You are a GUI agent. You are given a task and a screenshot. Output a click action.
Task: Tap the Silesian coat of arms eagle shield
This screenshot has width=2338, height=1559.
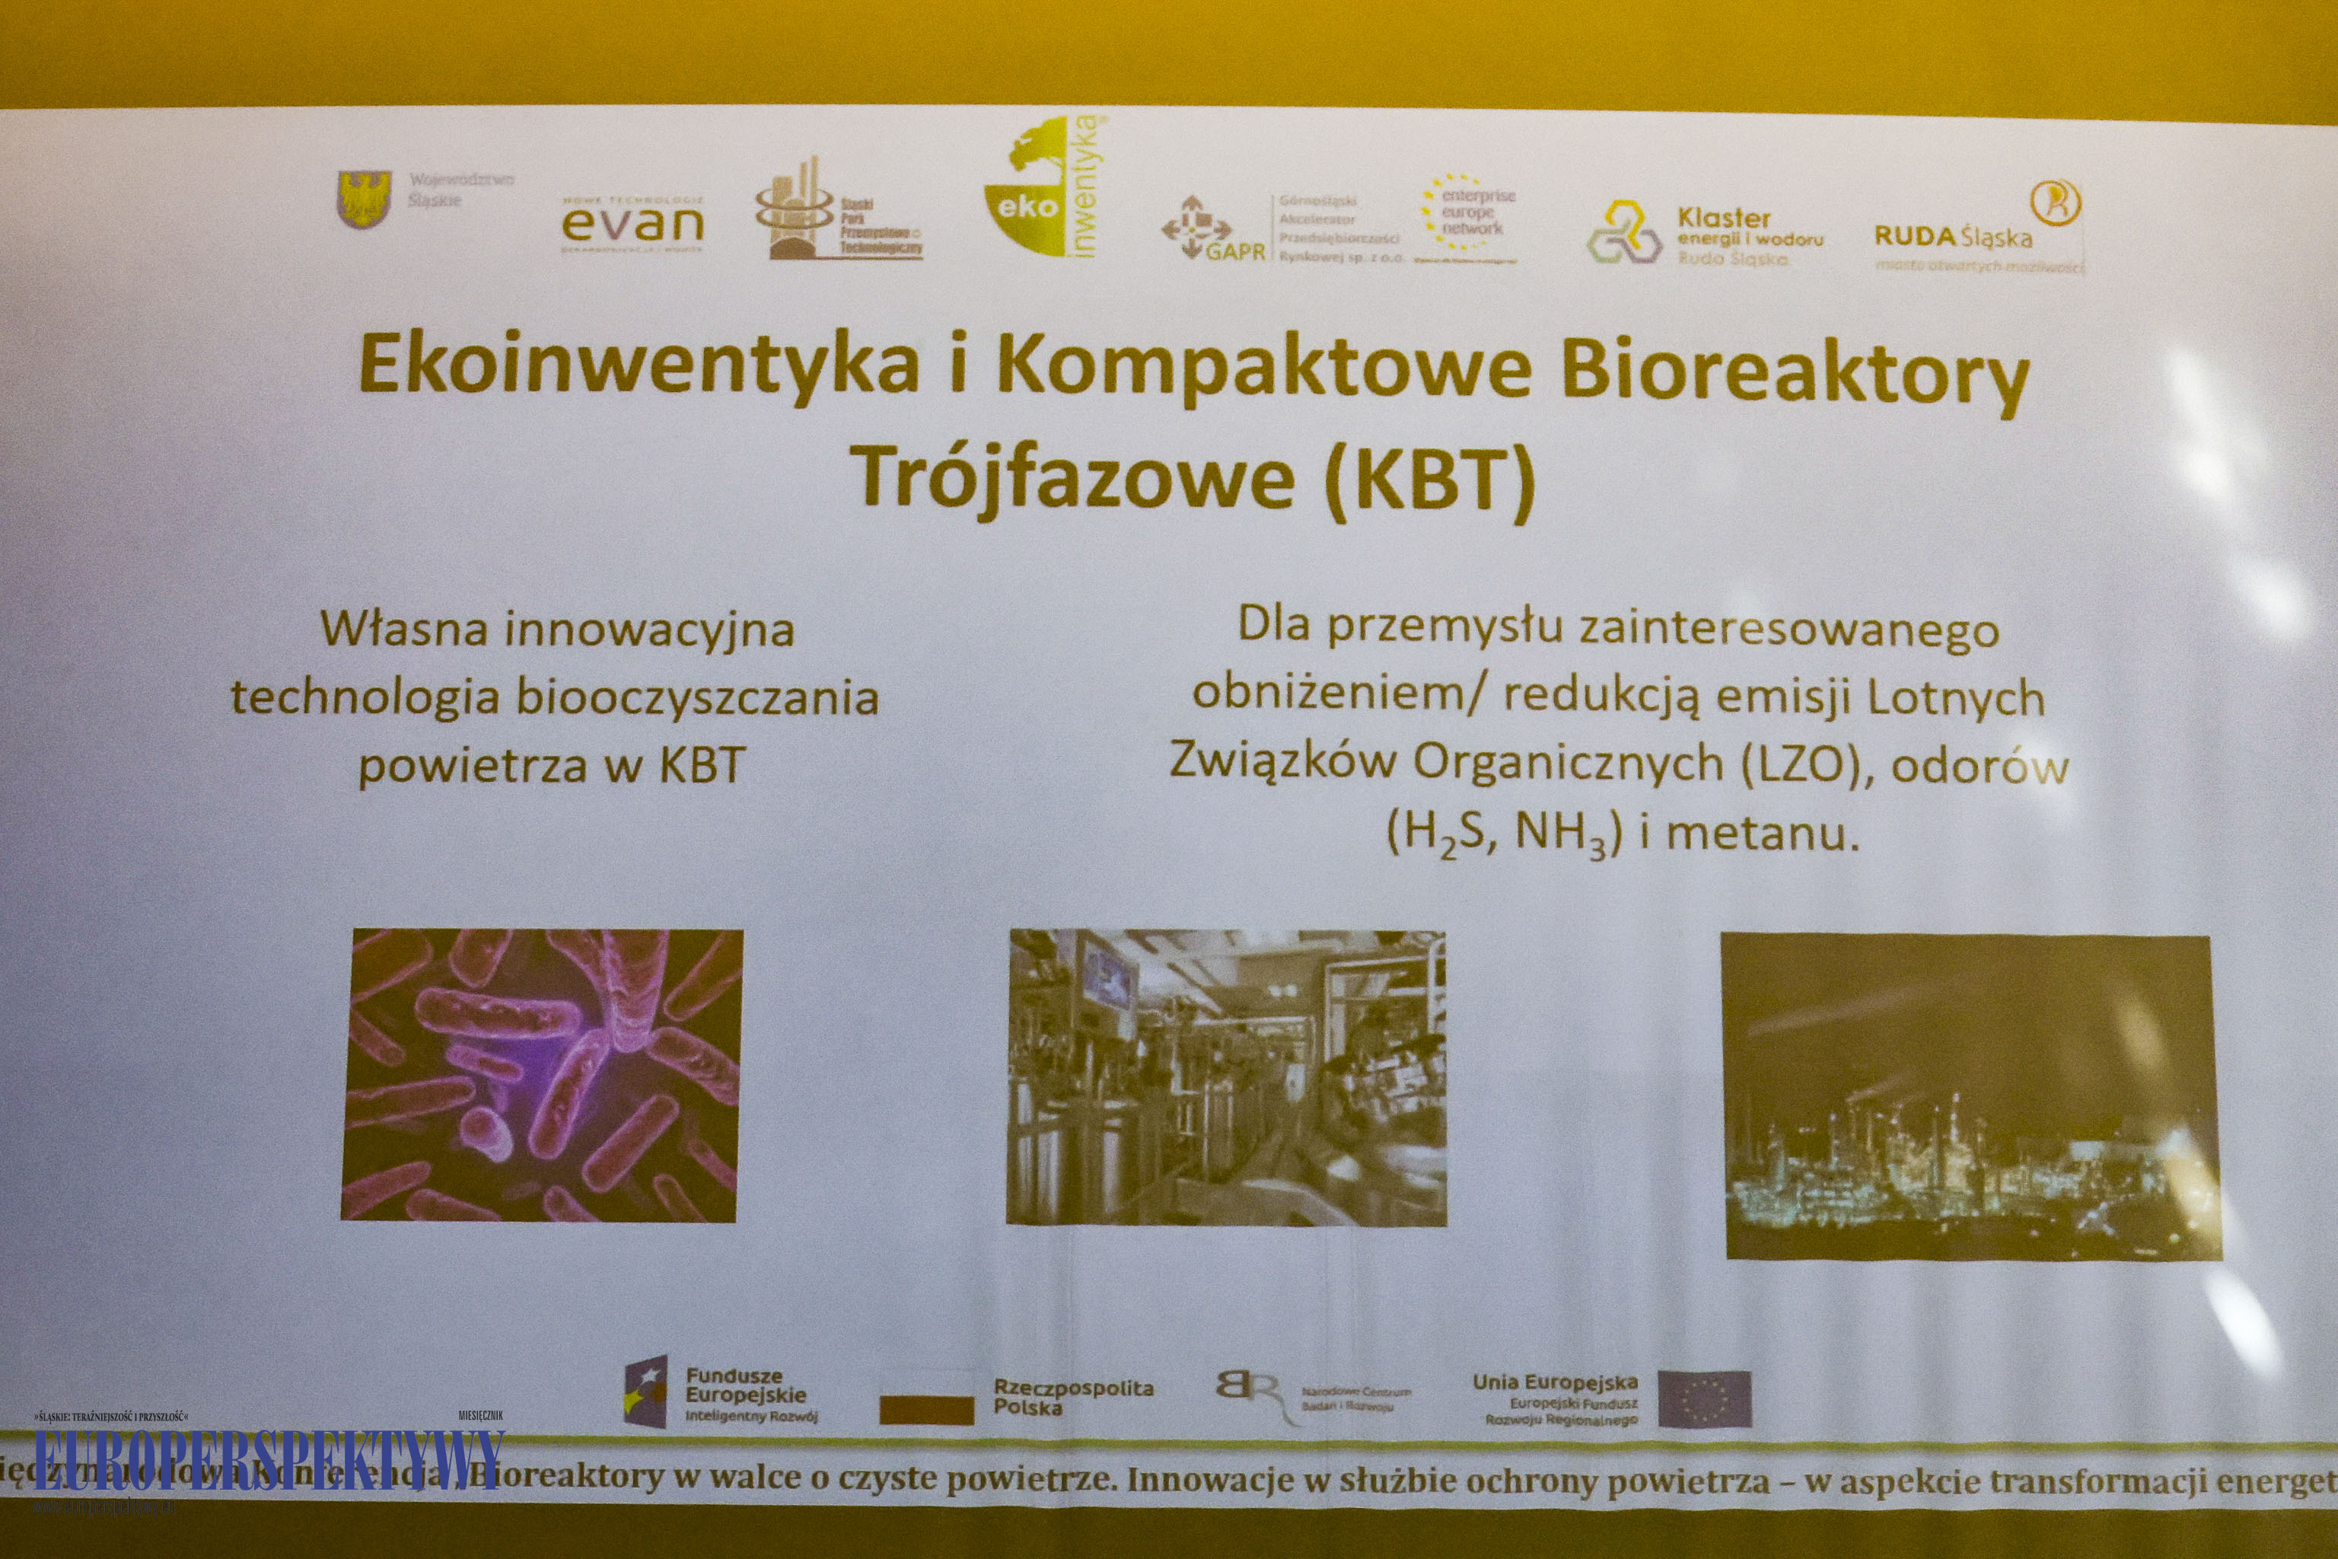click(x=364, y=198)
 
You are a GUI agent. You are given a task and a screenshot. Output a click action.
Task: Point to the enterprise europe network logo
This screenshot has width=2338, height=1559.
click(x=1468, y=218)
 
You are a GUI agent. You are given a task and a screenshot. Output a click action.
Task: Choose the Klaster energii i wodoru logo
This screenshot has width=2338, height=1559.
click(x=1706, y=236)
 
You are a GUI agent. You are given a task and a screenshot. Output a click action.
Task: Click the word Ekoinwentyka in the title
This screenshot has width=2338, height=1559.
click(x=639, y=365)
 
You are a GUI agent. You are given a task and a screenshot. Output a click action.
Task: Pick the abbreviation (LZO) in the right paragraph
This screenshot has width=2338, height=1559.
click(x=1800, y=764)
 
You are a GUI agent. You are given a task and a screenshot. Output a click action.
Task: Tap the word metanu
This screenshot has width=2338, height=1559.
click(x=1760, y=834)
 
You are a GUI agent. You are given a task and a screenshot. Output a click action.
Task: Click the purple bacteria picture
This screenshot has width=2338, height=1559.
click(x=542, y=1075)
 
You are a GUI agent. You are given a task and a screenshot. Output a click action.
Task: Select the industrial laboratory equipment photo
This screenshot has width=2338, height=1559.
click(x=1225, y=1077)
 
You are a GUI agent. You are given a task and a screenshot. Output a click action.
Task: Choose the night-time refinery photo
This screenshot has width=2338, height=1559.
click(x=1971, y=1098)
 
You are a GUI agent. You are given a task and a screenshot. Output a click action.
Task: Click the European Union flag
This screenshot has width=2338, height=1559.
click(x=1704, y=1399)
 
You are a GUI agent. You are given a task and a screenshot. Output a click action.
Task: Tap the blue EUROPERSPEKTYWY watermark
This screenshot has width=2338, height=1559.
click(x=269, y=1459)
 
